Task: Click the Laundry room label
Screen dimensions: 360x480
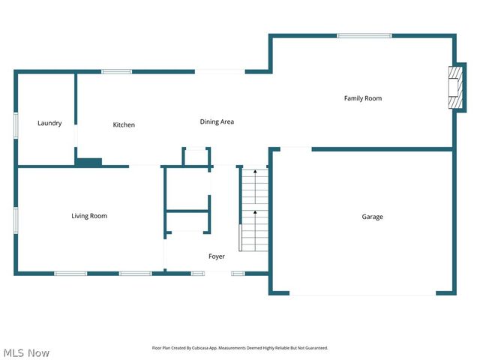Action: (x=49, y=123)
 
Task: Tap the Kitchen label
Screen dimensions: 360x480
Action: (x=124, y=124)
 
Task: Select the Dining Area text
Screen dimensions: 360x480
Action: (x=217, y=121)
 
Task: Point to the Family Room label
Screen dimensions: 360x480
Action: (x=363, y=98)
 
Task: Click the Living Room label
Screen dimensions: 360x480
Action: (x=89, y=216)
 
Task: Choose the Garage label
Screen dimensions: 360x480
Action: (x=373, y=217)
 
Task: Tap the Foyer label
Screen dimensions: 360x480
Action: (x=217, y=256)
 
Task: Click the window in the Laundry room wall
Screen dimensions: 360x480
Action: (x=16, y=124)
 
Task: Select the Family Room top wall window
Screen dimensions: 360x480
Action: (x=364, y=35)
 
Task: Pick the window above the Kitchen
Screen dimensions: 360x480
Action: (x=116, y=72)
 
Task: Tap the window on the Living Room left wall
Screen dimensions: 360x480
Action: (x=16, y=220)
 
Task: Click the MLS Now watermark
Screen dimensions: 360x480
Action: (x=26, y=352)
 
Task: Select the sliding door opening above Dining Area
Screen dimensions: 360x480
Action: (x=219, y=72)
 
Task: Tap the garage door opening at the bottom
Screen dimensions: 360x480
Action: (x=362, y=292)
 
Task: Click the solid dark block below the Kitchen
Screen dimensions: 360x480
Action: (x=88, y=161)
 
